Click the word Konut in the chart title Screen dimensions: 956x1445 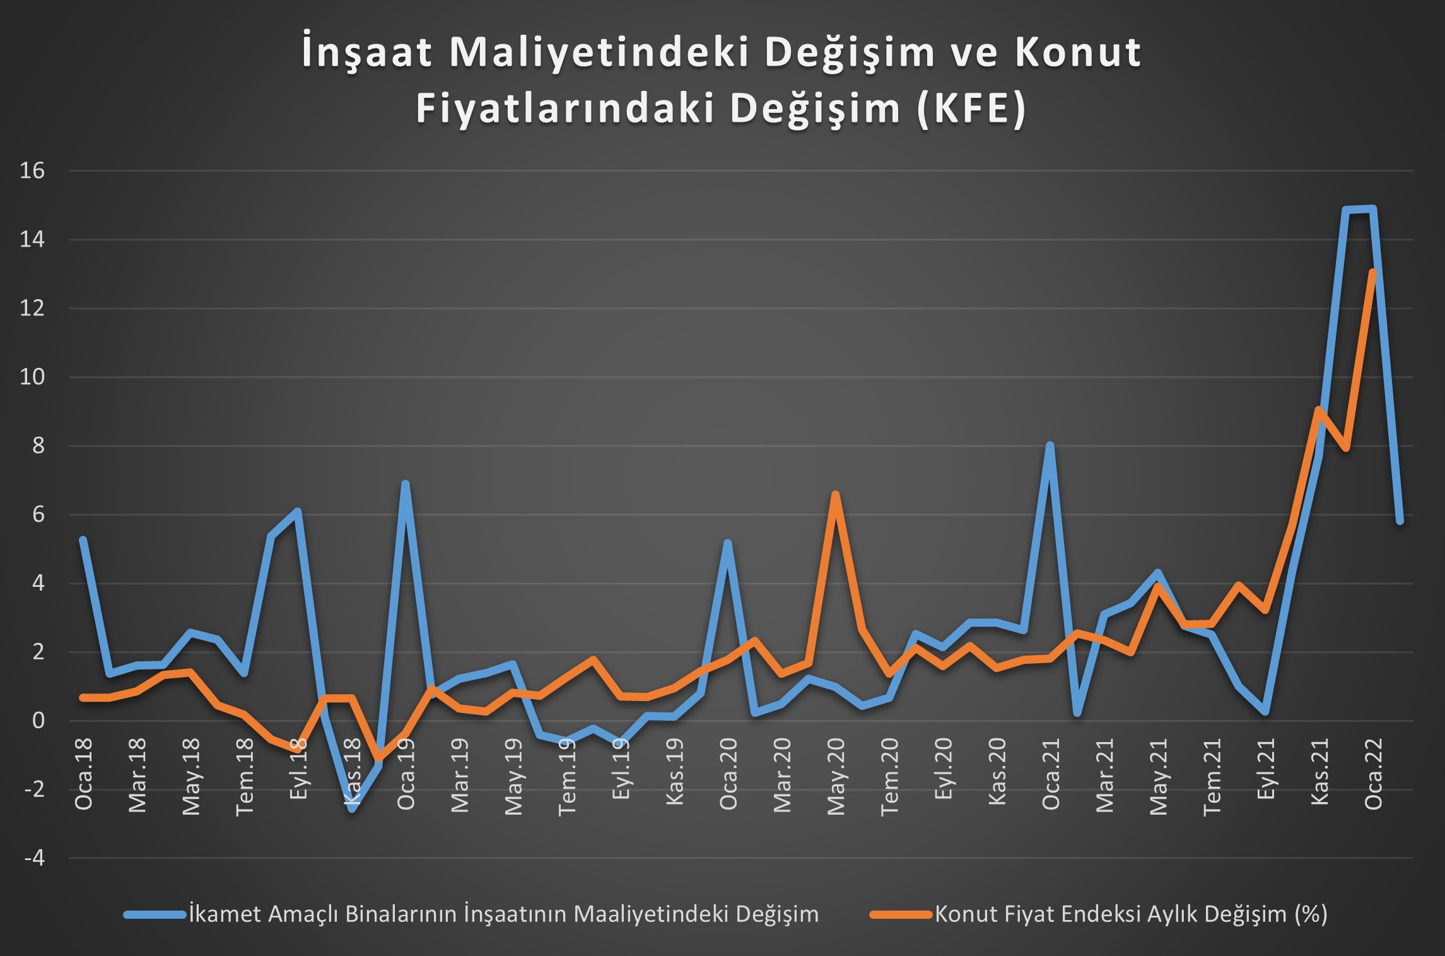[x=1079, y=52]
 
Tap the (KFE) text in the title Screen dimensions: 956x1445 [x=971, y=109]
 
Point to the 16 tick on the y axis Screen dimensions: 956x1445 [x=32, y=170]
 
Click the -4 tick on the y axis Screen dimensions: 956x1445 [x=34, y=858]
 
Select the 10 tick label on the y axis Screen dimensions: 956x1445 [x=32, y=377]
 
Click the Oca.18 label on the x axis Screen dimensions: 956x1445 [x=84, y=774]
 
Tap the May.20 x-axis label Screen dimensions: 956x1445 [x=836, y=777]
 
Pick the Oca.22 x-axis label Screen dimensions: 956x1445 [x=1374, y=774]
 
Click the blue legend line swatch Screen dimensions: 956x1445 [x=155, y=914]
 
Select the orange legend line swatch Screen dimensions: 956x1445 [x=901, y=914]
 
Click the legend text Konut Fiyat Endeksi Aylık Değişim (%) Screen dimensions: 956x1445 [x=1131, y=914]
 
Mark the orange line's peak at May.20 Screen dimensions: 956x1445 [x=835, y=494]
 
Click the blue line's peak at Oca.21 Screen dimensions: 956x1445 [x=1050, y=446]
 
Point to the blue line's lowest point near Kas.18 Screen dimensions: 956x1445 [x=352, y=808]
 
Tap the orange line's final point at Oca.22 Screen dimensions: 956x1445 [x=1372, y=272]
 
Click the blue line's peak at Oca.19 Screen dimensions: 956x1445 [x=406, y=484]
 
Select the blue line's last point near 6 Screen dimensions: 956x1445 [x=1400, y=521]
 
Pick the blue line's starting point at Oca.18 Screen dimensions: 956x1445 [x=83, y=539]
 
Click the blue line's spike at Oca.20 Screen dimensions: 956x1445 [x=728, y=543]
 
